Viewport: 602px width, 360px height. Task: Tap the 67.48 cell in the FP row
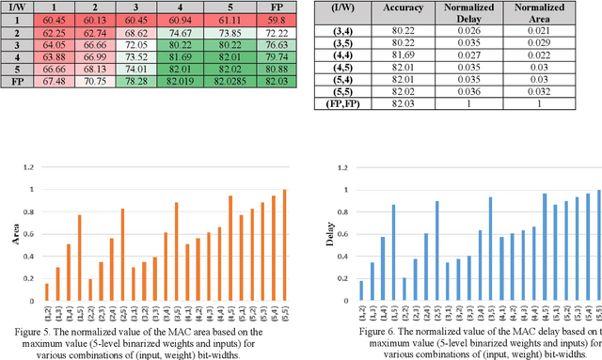click(x=56, y=81)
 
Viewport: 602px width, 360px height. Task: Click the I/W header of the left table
click(x=16, y=6)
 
